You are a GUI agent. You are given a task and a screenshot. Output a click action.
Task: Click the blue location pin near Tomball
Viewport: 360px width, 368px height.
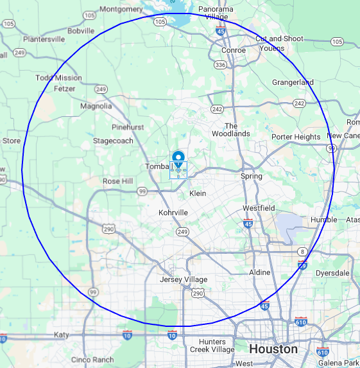(x=178, y=157)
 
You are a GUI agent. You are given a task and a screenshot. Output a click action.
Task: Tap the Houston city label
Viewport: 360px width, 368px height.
(x=273, y=349)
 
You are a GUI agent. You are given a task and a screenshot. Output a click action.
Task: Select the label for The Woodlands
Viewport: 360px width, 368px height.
(x=231, y=130)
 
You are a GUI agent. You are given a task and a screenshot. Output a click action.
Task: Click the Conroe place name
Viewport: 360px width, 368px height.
(x=233, y=50)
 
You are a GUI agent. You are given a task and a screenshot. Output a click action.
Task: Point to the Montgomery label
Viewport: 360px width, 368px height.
(x=121, y=9)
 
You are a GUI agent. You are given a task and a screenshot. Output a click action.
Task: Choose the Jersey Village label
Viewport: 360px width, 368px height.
(x=184, y=279)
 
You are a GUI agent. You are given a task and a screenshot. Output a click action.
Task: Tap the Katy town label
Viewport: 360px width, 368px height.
(x=61, y=335)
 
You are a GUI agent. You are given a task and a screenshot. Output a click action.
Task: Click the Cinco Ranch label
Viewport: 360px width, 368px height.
(x=93, y=360)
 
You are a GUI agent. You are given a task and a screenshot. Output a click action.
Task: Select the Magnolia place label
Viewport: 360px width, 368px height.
(x=96, y=106)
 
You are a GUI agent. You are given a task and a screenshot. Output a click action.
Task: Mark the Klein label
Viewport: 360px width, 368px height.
(x=198, y=193)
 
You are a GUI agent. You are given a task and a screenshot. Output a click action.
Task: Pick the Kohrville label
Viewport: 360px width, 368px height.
(x=173, y=213)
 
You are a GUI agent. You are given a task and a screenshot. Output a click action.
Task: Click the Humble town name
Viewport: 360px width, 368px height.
(x=323, y=220)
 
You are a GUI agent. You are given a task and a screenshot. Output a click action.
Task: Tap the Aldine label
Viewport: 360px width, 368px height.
(x=259, y=273)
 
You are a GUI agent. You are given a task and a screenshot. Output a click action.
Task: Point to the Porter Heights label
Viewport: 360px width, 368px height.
(x=296, y=137)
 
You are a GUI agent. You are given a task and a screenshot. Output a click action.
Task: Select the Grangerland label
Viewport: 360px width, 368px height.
(x=293, y=82)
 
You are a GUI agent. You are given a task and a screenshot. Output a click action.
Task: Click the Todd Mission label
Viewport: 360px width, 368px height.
(x=59, y=78)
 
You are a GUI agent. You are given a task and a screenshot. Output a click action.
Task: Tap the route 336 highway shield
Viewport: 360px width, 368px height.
(x=221, y=65)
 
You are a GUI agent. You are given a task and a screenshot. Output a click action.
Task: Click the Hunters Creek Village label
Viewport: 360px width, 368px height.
(x=212, y=346)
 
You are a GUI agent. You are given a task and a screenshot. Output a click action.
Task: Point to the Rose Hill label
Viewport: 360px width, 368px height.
(x=117, y=182)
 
